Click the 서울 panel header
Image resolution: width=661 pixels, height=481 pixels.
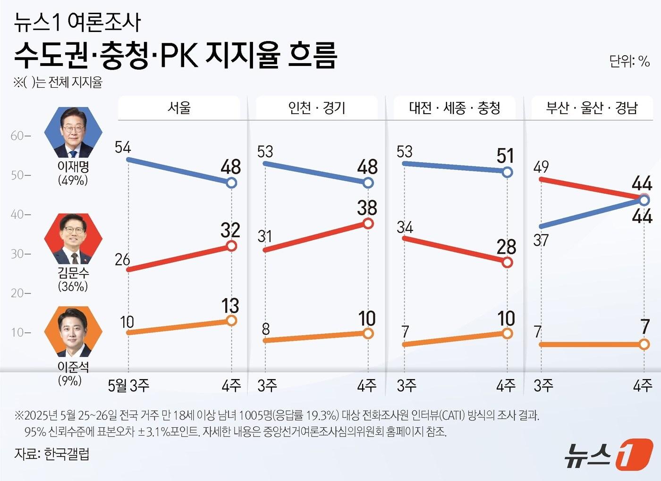179,108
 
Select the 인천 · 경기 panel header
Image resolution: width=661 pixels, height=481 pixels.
317,108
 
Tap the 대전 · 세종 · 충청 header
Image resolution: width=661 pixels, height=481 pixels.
454,108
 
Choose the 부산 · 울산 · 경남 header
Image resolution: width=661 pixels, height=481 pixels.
592,108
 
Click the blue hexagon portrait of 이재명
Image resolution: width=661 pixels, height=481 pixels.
73,133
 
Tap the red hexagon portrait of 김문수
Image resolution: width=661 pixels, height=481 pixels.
73,239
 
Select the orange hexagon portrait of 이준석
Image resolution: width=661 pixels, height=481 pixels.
73,332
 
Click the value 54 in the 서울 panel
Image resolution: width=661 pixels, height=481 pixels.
123,147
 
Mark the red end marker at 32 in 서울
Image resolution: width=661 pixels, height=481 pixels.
231,246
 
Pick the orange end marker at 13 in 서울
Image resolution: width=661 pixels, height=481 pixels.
231,321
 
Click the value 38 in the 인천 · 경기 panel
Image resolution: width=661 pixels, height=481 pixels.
367,208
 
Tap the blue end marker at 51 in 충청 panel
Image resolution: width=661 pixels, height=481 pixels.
507,173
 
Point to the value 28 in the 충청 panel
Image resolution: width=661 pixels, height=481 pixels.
506,247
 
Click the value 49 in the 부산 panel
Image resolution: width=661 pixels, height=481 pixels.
541,166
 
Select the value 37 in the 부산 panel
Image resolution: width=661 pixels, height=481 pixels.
541,240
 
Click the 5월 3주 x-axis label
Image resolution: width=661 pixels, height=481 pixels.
128,386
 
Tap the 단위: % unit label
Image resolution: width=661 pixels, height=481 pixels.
629,61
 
